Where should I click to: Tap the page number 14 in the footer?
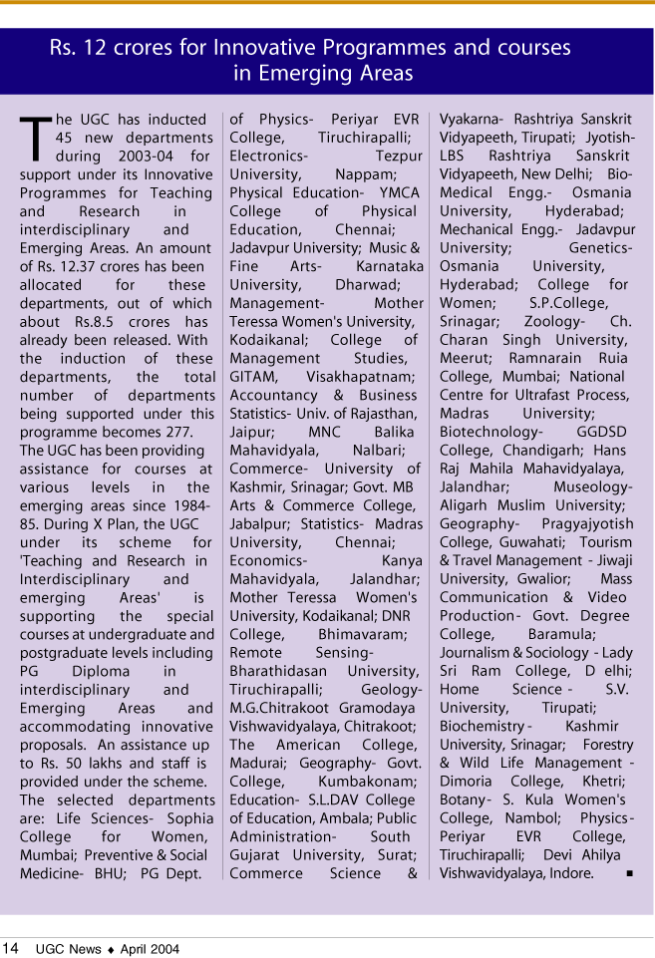(10, 948)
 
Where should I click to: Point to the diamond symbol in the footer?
(112, 949)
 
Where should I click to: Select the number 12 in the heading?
(102, 47)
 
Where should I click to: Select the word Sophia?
(190, 818)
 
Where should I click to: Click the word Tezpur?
(399, 157)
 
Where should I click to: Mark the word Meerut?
(465, 358)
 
